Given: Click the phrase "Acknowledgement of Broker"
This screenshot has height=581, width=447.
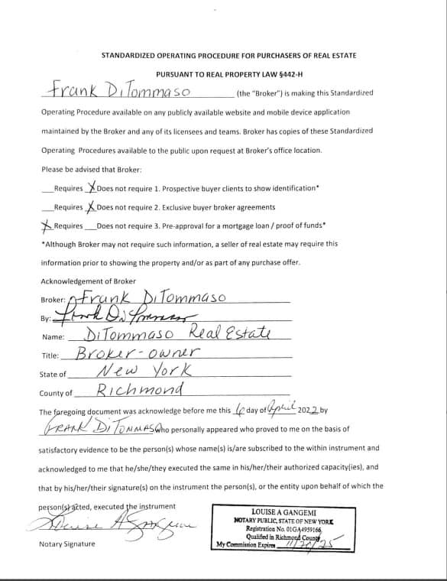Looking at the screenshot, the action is click(88, 281).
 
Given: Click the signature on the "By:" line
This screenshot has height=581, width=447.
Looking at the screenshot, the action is click(122, 316).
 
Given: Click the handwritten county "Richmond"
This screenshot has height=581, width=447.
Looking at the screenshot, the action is click(141, 391).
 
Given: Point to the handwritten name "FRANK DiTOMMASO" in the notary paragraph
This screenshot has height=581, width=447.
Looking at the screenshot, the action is click(103, 430).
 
